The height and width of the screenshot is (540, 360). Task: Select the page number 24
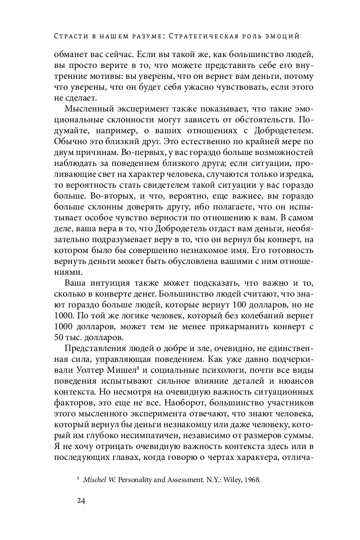click(x=82, y=500)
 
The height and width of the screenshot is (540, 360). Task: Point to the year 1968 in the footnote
click(x=252, y=480)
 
